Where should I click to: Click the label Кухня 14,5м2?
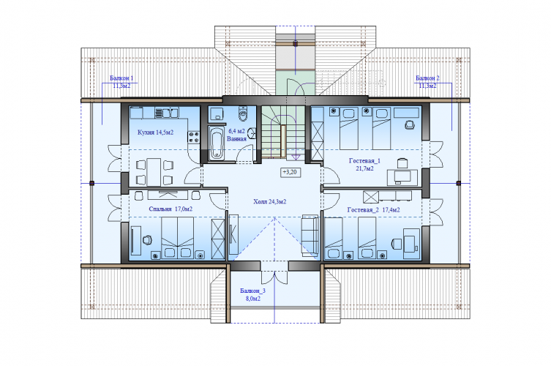(155, 132)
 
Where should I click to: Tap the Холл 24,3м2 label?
(269, 202)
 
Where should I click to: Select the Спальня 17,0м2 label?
(170, 209)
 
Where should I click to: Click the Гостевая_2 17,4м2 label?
(373, 210)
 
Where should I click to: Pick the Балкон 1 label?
(121, 78)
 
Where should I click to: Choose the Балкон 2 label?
(427, 78)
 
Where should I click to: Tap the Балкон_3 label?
(252, 291)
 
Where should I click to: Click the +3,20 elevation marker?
(291, 172)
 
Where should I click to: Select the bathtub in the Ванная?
(216, 143)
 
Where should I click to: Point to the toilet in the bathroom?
(243, 113)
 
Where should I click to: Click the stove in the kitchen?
(194, 137)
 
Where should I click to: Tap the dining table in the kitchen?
(154, 172)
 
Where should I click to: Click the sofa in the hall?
(310, 235)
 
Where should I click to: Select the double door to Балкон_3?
(274, 277)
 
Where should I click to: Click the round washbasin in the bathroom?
(252, 133)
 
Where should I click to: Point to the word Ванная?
(236, 138)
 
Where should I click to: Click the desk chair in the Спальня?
(147, 240)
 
